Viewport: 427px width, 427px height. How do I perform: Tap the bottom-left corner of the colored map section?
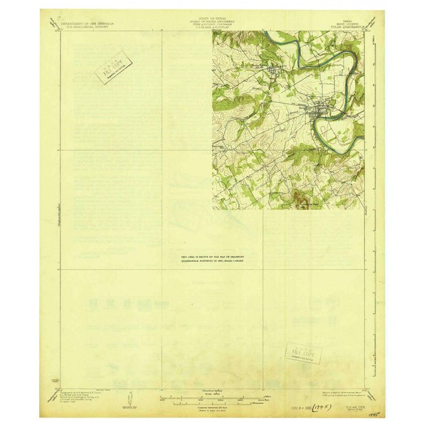click(x=212, y=211)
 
